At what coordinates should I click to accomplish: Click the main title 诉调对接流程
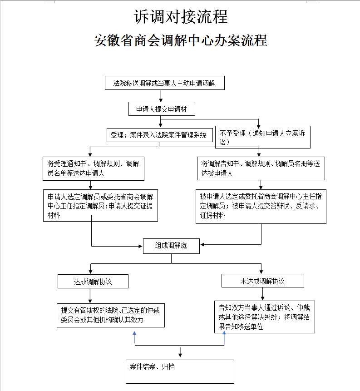(181, 17)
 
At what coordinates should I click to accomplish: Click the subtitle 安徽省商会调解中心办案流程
(181, 40)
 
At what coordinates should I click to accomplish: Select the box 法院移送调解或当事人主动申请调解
(164, 83)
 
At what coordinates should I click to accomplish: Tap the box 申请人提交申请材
(162, 109)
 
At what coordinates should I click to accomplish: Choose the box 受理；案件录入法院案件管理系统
(159, 135)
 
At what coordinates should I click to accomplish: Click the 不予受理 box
(263, 137)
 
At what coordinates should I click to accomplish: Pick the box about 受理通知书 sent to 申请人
(94, 168)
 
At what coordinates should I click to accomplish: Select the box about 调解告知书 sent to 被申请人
(261, 168)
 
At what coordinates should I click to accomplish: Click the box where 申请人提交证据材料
(100, 205)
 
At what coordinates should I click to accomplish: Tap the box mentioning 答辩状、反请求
(261, 207)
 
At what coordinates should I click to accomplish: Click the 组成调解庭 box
(171, 246)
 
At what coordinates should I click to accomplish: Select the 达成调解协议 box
(93, 282)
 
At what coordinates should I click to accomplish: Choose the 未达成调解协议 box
(263, 281)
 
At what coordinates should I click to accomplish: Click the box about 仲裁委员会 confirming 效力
(111, 315)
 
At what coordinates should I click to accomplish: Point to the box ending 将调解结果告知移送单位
(265, 317)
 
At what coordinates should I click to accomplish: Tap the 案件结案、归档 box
(180, 371)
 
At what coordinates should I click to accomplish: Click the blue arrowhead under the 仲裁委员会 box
(135, 333)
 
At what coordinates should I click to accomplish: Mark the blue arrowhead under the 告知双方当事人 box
(224, 333)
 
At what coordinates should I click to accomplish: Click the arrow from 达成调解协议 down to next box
(90, 296)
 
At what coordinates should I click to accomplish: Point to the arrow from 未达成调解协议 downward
(262, 294)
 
